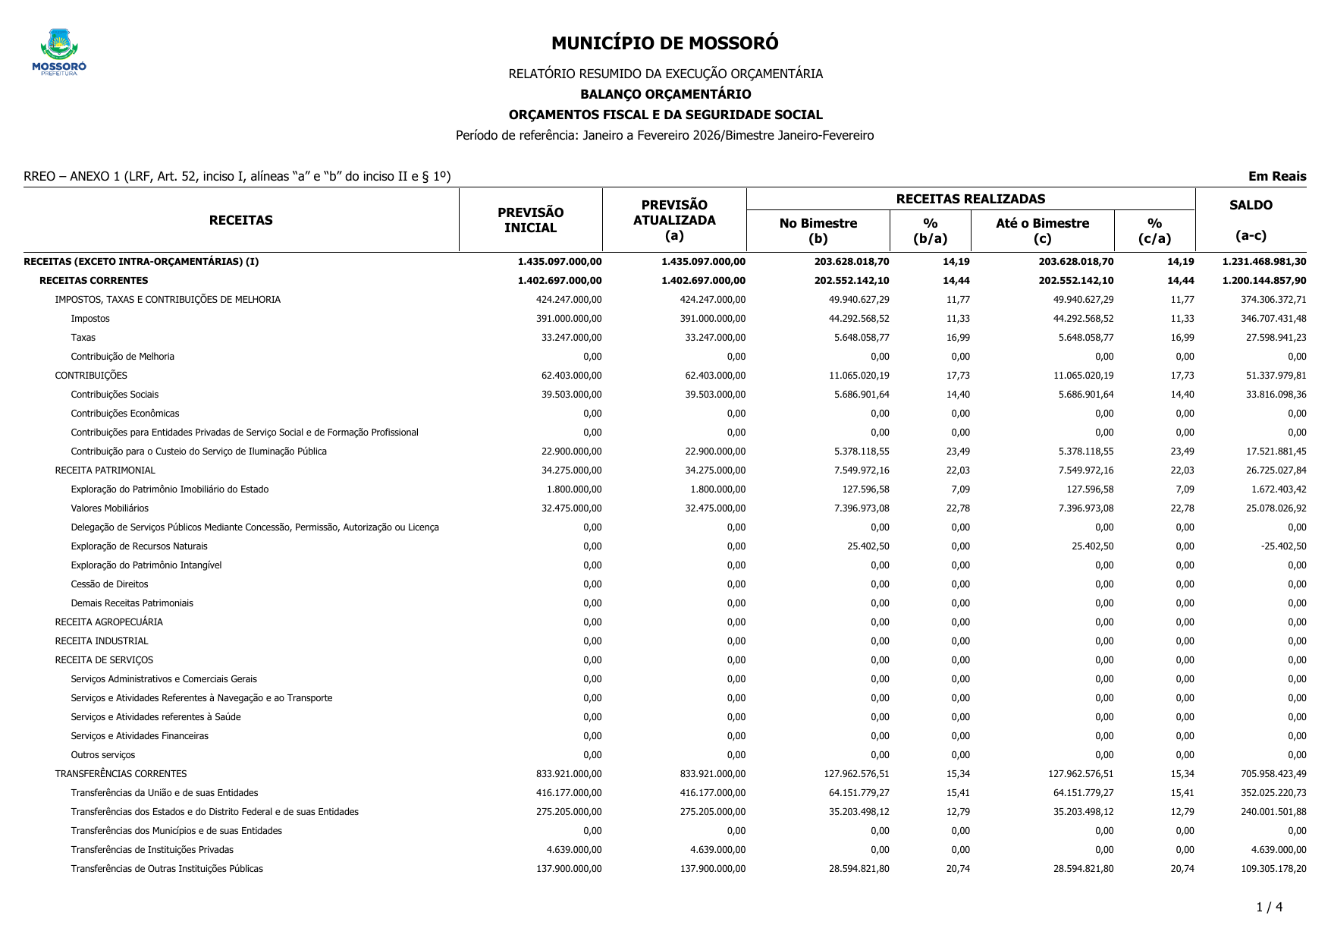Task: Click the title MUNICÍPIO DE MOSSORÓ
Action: [664, 43]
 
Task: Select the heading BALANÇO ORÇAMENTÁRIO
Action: [665, 94]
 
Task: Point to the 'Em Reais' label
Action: [1277, 176]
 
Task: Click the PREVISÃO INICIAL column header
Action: [530, 220]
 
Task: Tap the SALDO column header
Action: [1251, 205]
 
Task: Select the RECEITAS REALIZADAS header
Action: [970, 199]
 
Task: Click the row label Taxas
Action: [83, 338]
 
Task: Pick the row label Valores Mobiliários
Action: [109, 508]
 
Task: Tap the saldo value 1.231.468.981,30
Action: [1264, 262]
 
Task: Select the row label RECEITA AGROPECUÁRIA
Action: [108, 622]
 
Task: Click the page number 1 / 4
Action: [1269, 907]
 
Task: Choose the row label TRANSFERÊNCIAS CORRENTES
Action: [121, 774]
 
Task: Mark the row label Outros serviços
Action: [102, 755]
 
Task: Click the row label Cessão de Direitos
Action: [109, 584]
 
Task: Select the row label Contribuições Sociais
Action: [115, 395]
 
